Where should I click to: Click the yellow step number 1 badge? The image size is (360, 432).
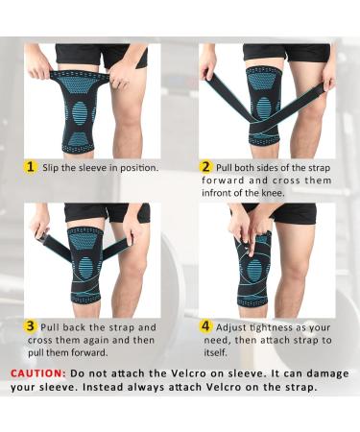click(x=30, y=167)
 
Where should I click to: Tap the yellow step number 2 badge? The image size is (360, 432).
click(x=204, y=167)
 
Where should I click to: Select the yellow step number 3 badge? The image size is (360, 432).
click(x=30, y=325)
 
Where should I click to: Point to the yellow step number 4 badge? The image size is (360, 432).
click(x=204, y=325)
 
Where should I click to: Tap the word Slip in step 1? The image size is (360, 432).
click(x=53, y=168)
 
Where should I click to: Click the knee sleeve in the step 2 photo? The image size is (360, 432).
click(x=263, y=106)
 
